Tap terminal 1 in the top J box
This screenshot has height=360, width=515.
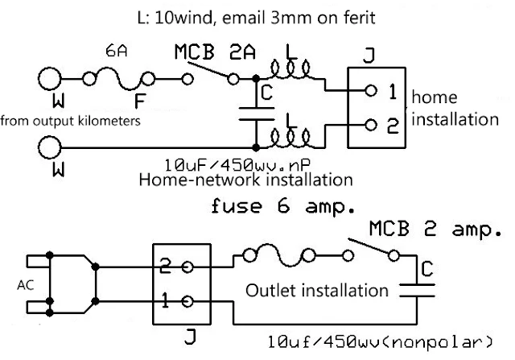click(x=370, y=91)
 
